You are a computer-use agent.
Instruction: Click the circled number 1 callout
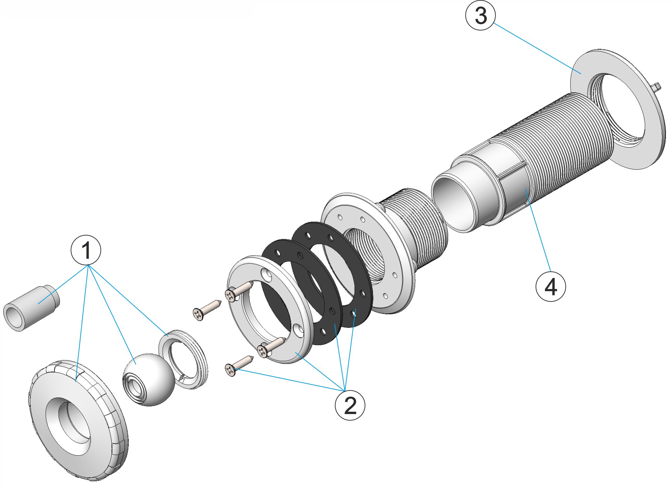coord(86,250)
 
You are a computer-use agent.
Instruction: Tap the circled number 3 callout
coord(480,15)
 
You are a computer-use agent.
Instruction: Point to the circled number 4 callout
coord(551,286)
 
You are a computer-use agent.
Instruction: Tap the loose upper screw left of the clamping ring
coord(206,309)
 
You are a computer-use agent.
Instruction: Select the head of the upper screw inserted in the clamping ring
coord(230,295)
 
